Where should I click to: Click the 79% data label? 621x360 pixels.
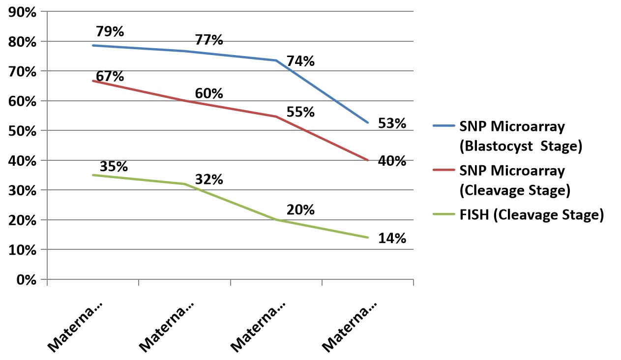[x=110, y=32]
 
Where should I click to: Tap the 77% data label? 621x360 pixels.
[x=209, y=40]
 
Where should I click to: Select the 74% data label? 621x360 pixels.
[x=300, y=61]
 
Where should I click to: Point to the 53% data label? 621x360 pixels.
[x=392, y=123]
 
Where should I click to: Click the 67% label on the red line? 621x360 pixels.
[x=110, y=77]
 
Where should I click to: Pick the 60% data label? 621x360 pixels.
[x=209, y=93]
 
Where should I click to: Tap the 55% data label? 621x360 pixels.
[x=300, y=112]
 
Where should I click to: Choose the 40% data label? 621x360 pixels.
[x=392, y=161]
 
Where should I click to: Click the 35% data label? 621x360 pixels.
[x=114, y=166]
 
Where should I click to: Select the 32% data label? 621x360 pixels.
[x=209, y=180]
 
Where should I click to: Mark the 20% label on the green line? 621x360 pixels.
[x=300, y=210]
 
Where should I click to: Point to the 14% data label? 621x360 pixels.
[x=392, y=239]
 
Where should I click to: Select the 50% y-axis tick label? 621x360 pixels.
[x=23, y=131]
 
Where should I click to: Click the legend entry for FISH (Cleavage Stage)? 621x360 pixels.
[x=531, y=215]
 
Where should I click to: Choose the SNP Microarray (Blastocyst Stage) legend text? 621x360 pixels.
[x=520, y=136]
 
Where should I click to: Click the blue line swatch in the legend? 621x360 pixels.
[x=444, y=126]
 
